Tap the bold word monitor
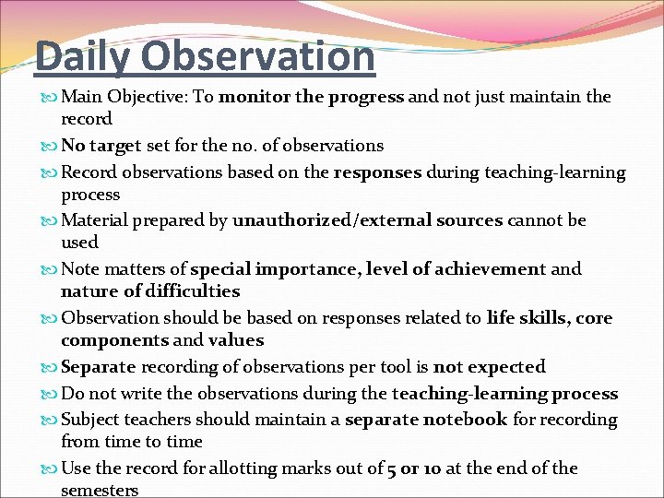tap(255, 97)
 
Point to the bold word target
tap(115, 145)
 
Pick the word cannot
tap(536, 220)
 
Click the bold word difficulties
tap(192, 291)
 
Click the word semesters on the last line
tap(100, 491)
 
